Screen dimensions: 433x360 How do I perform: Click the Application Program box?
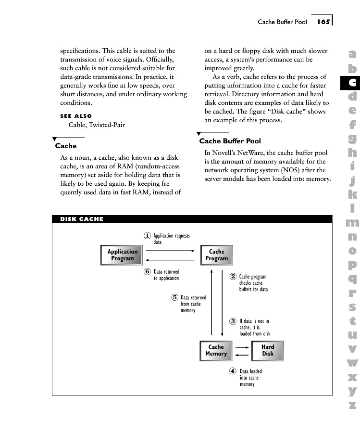tap(122, 255)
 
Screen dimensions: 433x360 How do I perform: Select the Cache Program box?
tap(216, 255)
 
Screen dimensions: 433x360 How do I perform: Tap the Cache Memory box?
tap(216, 350)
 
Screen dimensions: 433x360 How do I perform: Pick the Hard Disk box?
tap(268, 350)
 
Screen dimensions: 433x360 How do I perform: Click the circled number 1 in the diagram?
tap(148, 236)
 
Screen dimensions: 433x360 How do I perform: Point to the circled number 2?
tap(233, 277)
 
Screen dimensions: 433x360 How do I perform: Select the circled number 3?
tap(233, 321)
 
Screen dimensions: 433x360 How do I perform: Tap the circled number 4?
tap(233, 371)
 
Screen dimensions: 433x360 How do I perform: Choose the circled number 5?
tap(174, 297)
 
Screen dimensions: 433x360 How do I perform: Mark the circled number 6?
tap(148, 271)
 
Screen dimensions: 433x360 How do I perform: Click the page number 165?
tap(323, 22)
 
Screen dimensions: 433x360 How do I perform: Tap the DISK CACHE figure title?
tap(82, 219)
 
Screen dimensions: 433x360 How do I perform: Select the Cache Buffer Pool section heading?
tap(230, 141)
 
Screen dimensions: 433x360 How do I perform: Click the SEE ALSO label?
tap(76, 116)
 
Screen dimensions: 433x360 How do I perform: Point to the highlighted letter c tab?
tap(352, 83)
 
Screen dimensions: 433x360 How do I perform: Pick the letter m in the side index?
tap(352, 223)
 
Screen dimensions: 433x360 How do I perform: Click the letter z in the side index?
tap(352, 405)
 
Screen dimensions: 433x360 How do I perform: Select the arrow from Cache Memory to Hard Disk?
tap(242, 347)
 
